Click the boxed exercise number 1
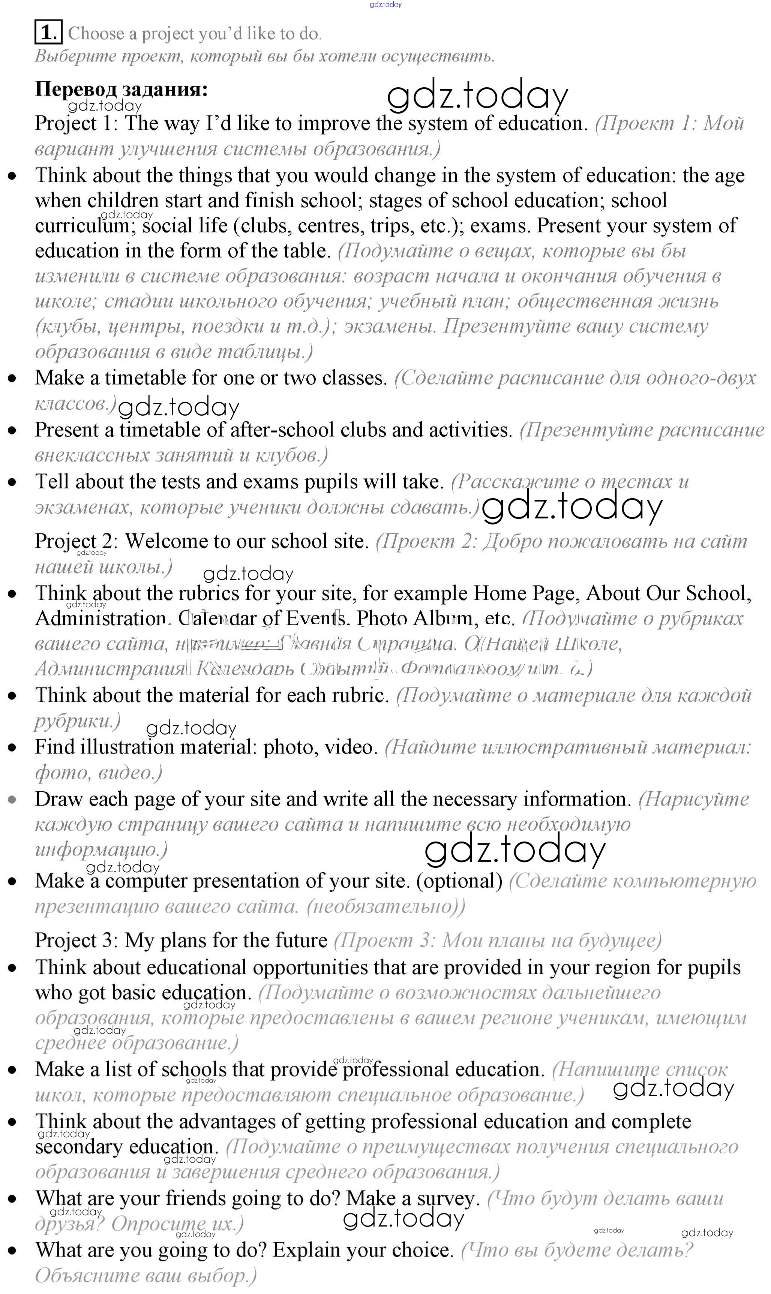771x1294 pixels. (x=48, y=33)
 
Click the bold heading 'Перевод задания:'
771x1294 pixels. (x=121, y=89)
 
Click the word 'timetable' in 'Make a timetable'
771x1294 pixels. (x=145, y=378)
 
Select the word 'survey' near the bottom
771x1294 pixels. (x=446, y=1198)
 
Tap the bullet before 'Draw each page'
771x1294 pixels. (x=12, y=800)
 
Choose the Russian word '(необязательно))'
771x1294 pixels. (x=386, y=907)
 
